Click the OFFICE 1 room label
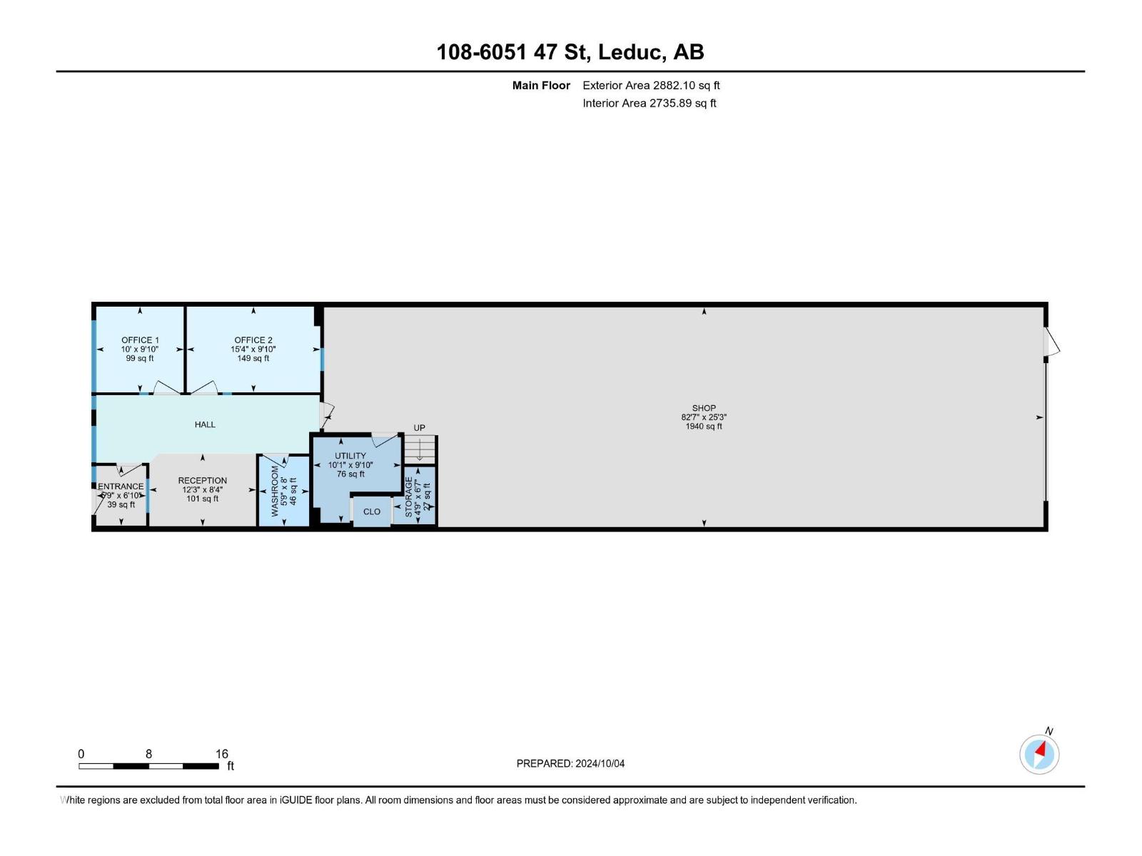point(140,340)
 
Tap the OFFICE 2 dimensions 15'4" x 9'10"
point(253,350)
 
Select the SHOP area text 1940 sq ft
point(704,427)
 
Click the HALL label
point(205,424)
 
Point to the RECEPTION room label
point(203,481)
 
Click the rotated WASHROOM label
point(275,491)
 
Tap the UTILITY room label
point(350,456)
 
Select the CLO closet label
point(372,511)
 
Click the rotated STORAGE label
point(409,497)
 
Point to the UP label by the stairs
point(420,428)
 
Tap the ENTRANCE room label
point(121,486)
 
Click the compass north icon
point(1039,754)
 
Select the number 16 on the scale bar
point(222,754)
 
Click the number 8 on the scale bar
point(148,754)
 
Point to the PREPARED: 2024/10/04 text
point(570,763)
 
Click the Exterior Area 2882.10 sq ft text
point(651,86)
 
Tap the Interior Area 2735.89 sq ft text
point(649,103)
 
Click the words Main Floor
point(541,86)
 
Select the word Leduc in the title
point(632,52)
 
